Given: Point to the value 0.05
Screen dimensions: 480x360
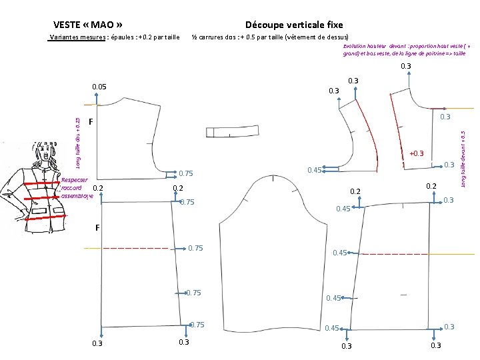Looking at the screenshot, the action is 99,87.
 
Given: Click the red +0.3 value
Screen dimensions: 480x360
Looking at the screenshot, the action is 417,153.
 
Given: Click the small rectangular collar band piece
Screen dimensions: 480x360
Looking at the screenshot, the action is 233,131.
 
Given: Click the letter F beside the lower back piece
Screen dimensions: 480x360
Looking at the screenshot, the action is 97,228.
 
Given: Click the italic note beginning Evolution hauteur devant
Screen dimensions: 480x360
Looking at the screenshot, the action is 407,50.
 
